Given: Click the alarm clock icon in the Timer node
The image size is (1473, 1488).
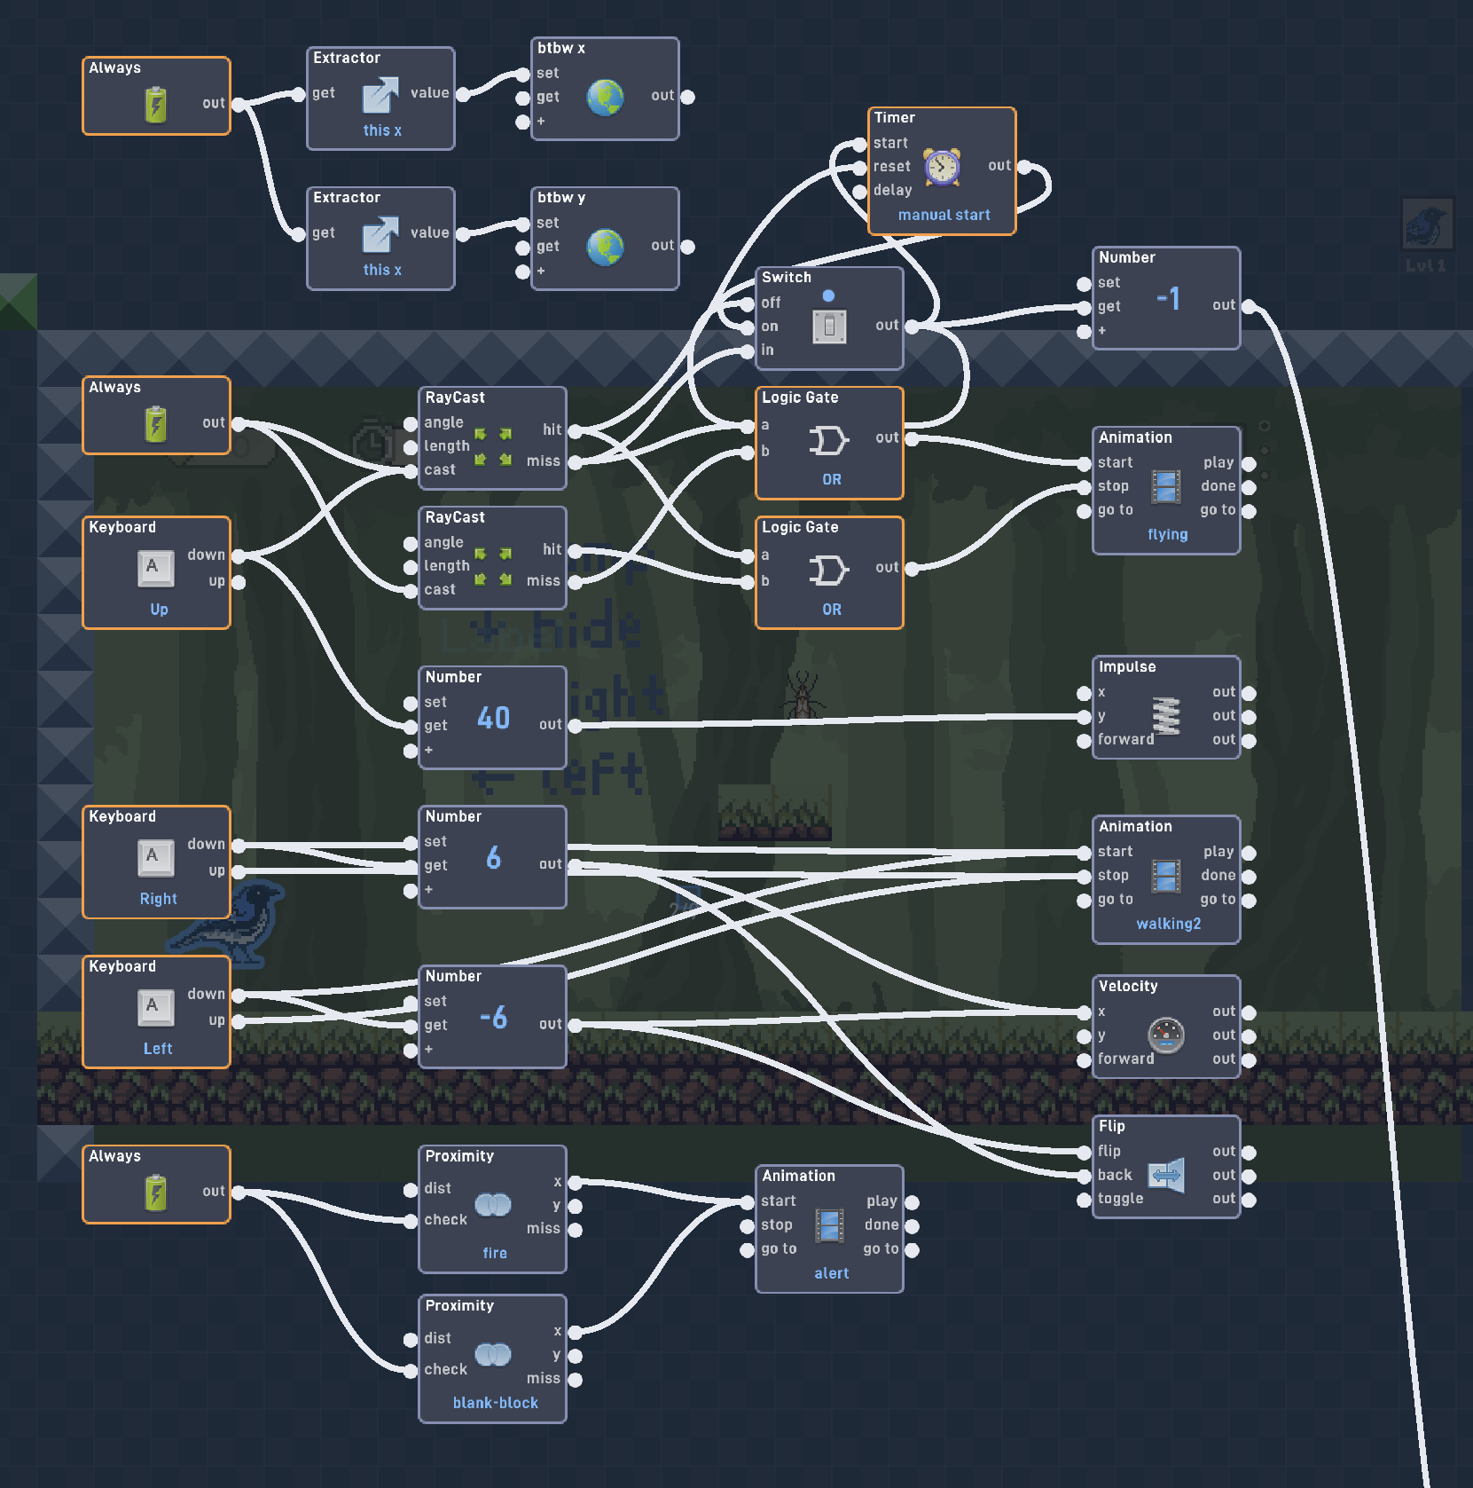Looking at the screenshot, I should tap(942, 167).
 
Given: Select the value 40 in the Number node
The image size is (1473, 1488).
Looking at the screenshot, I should tap(493, 717).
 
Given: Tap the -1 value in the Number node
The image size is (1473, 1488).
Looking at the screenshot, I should tap(1168, 298).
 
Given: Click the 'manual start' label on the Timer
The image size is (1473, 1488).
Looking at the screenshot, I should tap(944, 215).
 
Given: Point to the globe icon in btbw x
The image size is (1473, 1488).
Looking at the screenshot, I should tap(605, 98).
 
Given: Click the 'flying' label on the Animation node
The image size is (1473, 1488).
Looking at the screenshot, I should tap(1167, 534).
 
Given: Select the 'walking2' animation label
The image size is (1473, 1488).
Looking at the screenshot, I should tap(1168, 924).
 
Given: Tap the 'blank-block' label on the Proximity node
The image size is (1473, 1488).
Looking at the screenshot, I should tap(495, 1403).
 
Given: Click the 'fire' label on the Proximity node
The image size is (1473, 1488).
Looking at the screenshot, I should tap(495, 1253).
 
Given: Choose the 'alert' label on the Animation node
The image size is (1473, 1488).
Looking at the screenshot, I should tap(831, 1273).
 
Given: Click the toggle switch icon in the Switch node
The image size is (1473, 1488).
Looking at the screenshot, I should tap(829, 327).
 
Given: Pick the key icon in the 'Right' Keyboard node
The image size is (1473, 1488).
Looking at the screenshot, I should tap(155, 857).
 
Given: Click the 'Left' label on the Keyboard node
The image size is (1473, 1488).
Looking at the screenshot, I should tap(158, 1049).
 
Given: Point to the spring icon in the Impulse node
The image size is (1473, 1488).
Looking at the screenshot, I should tap(1166, 716).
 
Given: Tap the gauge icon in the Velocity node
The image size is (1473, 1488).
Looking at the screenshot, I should tap(1166, 1035).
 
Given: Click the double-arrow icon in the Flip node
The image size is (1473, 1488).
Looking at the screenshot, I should tap(1166, 1176).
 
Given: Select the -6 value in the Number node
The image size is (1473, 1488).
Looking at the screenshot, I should tap(493, 1017).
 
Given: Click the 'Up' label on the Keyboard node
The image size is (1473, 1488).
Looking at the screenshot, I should tap(159, 610).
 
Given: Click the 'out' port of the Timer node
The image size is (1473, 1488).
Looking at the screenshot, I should tap(1024, 166).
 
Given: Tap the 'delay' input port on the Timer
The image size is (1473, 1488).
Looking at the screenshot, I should tap(859, 191).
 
